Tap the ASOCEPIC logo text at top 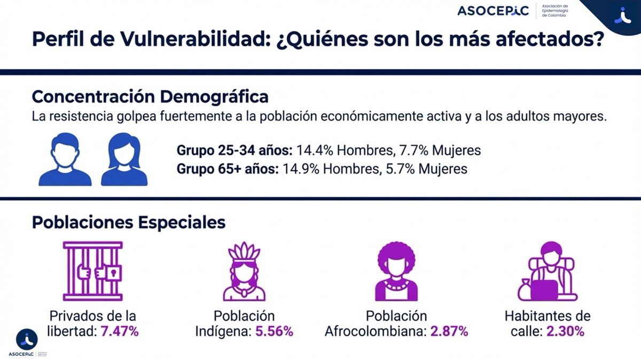493,11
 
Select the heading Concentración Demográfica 150,97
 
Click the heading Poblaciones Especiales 128,222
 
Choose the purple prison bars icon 92,271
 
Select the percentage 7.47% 120,332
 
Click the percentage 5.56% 274,332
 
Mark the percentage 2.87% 449,332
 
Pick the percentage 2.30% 565,332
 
